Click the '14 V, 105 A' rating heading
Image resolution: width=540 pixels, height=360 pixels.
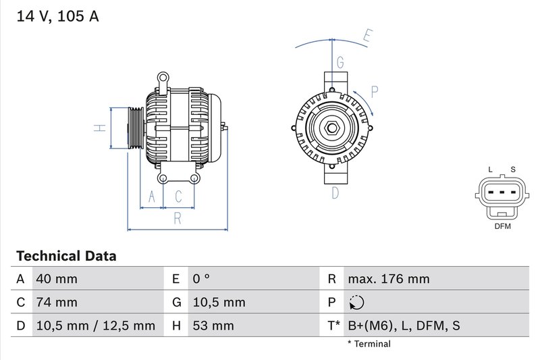(57, 16)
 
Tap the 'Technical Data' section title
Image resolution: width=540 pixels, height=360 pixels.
(66, 256)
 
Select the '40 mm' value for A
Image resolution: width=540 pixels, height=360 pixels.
(57, 279)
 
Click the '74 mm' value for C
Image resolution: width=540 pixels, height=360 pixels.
(57, 302)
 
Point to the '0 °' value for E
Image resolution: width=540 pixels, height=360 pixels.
(201, 279)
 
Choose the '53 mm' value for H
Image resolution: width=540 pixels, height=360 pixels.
(213, 326)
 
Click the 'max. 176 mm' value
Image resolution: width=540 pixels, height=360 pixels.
(388, 279)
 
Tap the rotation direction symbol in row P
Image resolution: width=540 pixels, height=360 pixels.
(357, 303)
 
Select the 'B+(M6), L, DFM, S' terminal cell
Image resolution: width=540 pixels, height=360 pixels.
(403, 326)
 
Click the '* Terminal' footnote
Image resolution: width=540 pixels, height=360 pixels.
(369, 344)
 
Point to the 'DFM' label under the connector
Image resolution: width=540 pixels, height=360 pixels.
(502, 226)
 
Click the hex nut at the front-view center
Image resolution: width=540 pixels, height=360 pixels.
(332, 128)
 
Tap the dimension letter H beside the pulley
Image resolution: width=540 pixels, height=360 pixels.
(99, 128)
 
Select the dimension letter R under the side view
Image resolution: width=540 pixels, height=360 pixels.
(178, 218)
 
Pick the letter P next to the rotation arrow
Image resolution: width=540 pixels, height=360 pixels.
(375, 91)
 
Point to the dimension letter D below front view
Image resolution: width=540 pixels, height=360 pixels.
(335, 193)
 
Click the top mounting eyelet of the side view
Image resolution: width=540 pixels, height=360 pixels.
(163, 78)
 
